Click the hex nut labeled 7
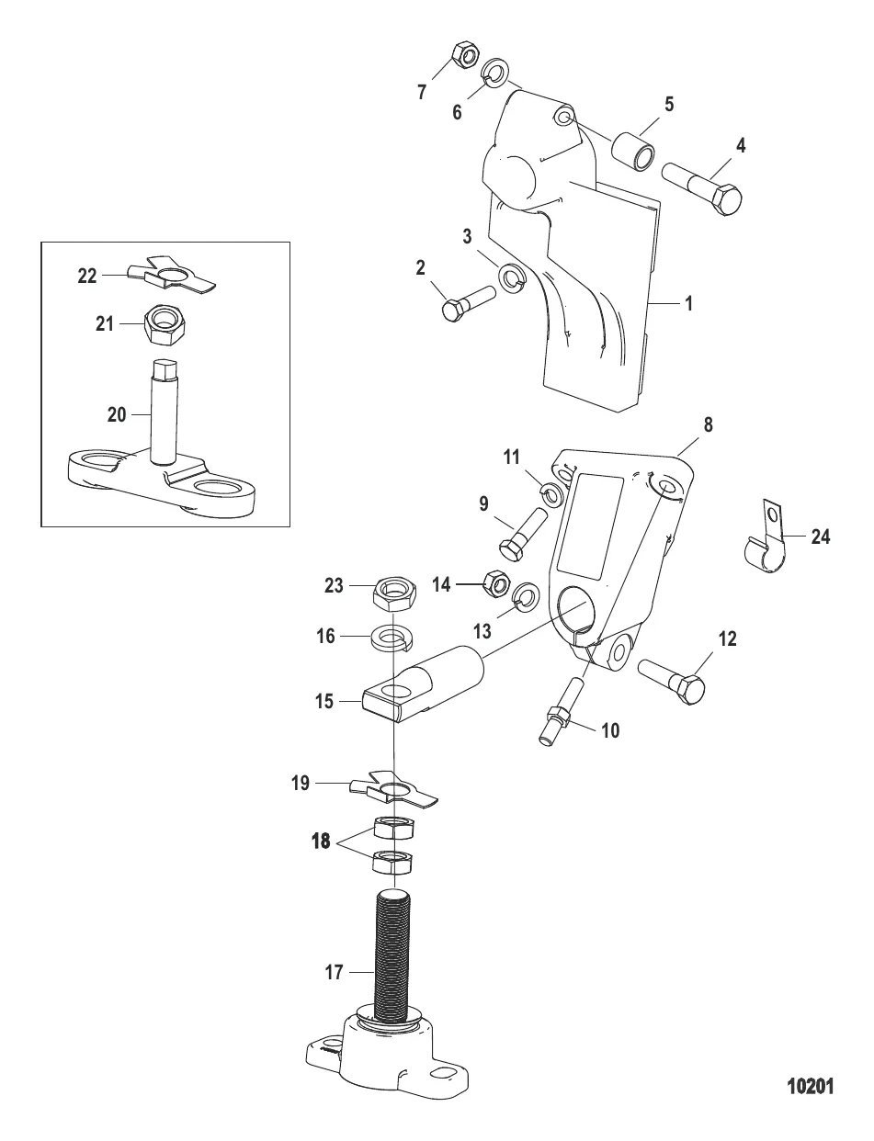click(x=465, y=56)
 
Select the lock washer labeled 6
click(x=495, y=73)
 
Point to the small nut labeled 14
click(x=496, y=583)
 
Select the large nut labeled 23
click(x=394, y=595)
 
